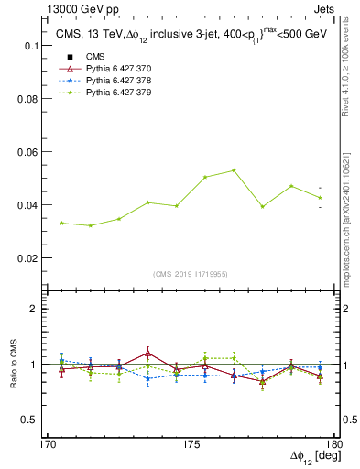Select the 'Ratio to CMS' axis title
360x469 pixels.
coord(14,364)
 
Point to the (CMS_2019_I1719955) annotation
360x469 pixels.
coord(190,272)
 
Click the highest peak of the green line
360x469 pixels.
coord(235,170)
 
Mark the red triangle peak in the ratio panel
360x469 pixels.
coord(147,353)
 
